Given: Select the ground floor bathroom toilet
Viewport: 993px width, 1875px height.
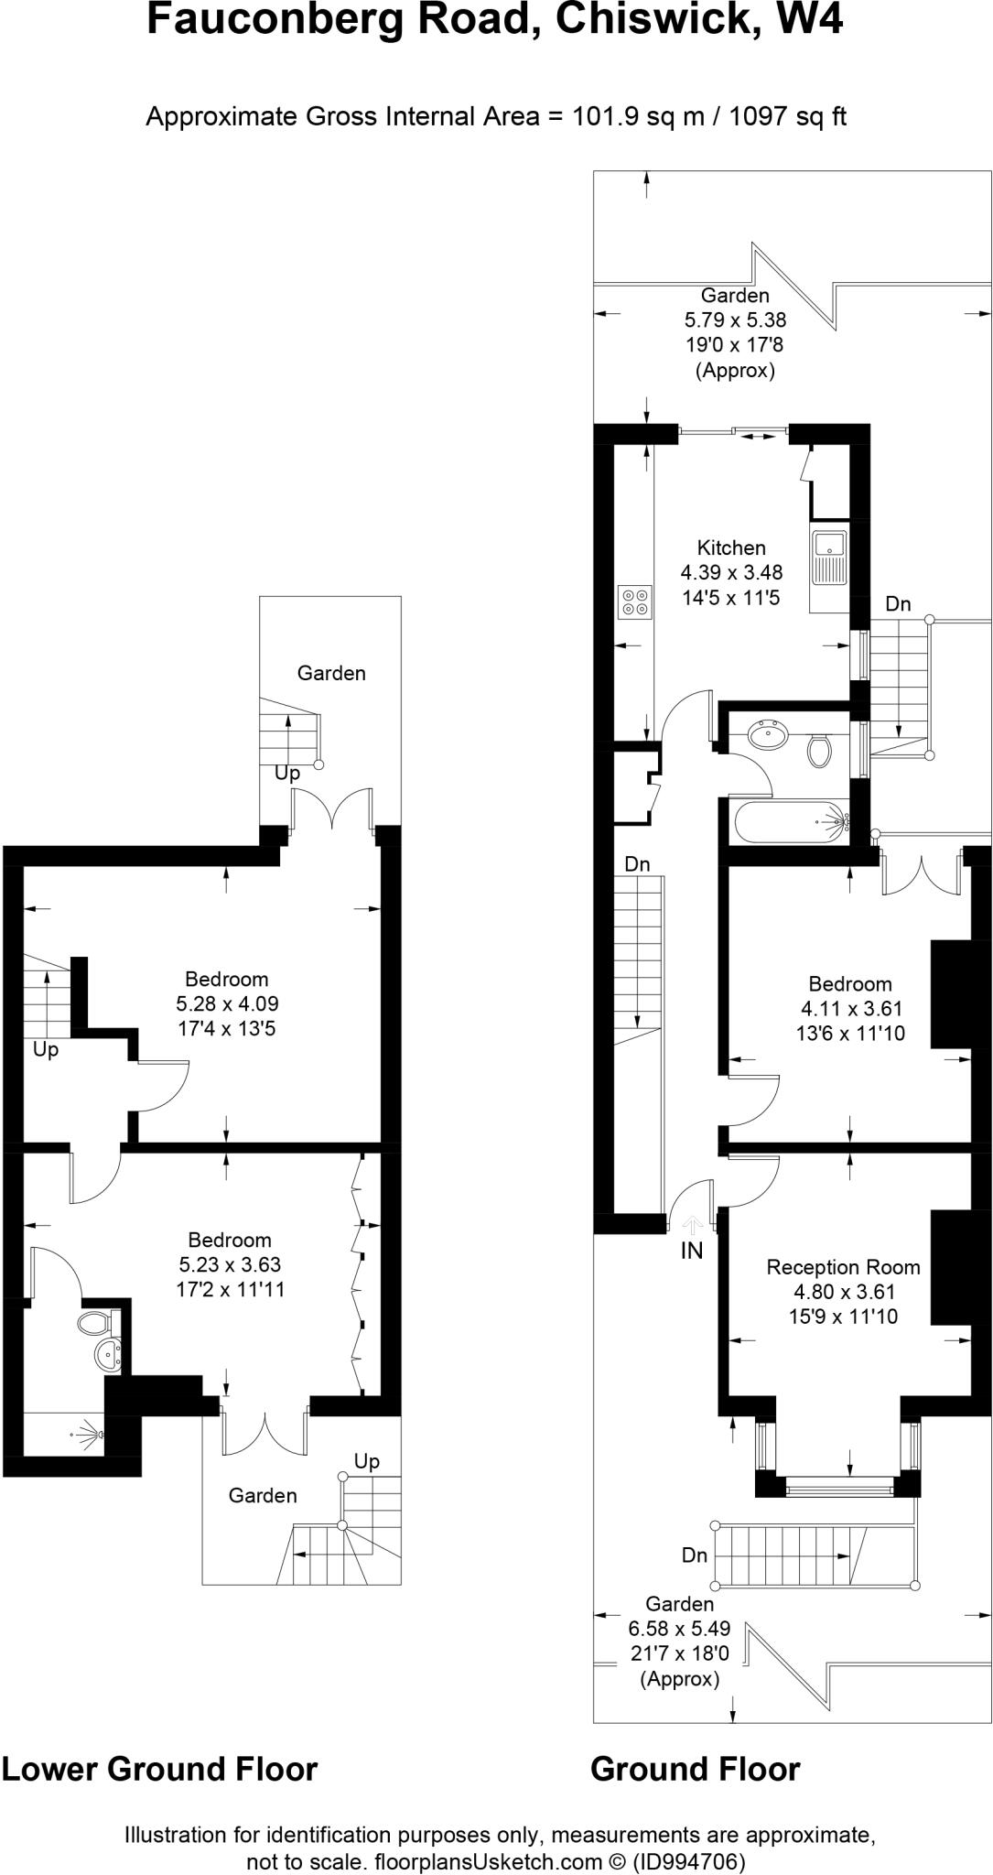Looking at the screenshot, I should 819,750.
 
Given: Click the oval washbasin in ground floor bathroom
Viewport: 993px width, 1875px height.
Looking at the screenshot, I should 769,734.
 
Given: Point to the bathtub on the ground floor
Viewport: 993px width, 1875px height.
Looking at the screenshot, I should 790,820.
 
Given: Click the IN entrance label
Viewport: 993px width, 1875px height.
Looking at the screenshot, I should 692,1251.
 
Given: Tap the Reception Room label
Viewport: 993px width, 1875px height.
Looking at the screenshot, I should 843,1267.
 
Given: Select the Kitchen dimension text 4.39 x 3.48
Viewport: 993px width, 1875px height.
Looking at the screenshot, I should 731,573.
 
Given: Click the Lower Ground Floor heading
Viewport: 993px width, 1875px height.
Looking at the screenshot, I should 159,1770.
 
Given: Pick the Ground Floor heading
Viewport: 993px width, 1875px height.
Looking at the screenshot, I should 695,1770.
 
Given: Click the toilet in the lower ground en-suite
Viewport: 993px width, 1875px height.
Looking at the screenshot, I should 93,1322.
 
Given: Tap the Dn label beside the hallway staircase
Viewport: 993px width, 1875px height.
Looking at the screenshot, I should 637,864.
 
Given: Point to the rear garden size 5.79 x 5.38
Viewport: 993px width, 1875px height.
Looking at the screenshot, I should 735,320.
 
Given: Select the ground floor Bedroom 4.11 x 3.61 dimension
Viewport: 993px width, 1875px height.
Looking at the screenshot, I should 851,1009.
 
